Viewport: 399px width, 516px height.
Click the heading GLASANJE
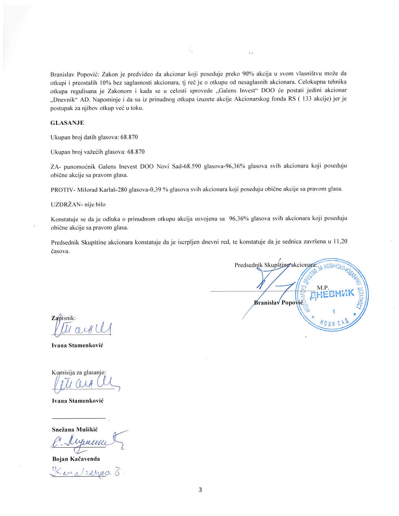pyautogui.click(x=67, y=123)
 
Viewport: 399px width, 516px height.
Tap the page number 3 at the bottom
pyautogui.click(x=200, y=490)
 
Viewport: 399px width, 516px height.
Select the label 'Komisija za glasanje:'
pyautogui.click(x=79, y=372)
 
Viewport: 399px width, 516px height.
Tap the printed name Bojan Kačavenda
pyautogui.click(x=76, y=459)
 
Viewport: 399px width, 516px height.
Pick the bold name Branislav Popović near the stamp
pyautogui.click(x=277, y=302)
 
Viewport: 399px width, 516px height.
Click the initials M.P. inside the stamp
pyautogui.click(x=323, y=287)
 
